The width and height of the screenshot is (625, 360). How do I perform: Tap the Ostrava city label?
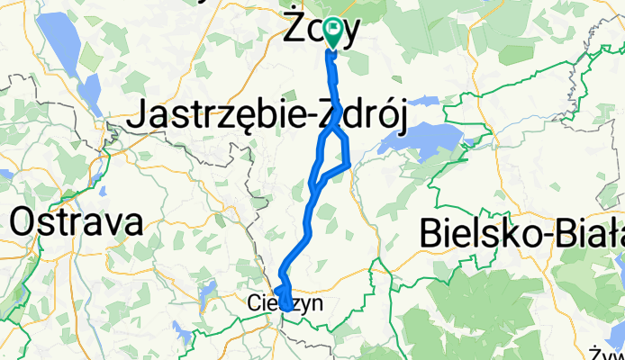coord(77,220)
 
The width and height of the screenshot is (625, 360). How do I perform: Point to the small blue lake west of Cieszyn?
coord(209,289)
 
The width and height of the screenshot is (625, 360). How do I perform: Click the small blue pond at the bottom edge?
coord(185,337)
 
